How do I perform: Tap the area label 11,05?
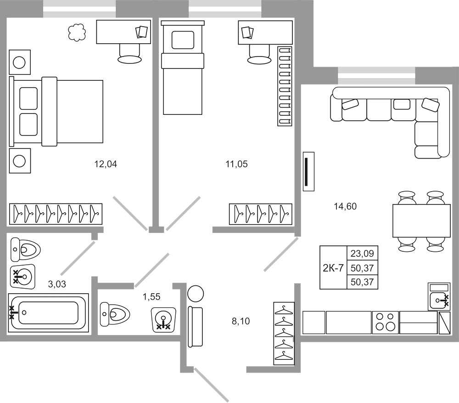[x=236, y=164]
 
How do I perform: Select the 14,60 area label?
[x=345, y=206]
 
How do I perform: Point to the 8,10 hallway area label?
[x=241, y=321]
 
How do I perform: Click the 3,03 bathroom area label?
[x=57, y=284]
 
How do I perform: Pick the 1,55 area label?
[x=151, y=297]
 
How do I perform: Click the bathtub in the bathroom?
[x=49, y=312]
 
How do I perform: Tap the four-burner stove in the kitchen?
[x=386, y=322]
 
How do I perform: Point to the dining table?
[x=421, y=221]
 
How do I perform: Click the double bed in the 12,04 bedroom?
[x=57, y=111]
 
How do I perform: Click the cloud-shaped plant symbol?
[x=77, y=32]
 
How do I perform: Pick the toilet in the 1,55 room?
[x=114, y=314]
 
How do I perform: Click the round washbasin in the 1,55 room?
[x=163, y=319]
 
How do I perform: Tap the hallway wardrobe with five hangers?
[x=285, y=333]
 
